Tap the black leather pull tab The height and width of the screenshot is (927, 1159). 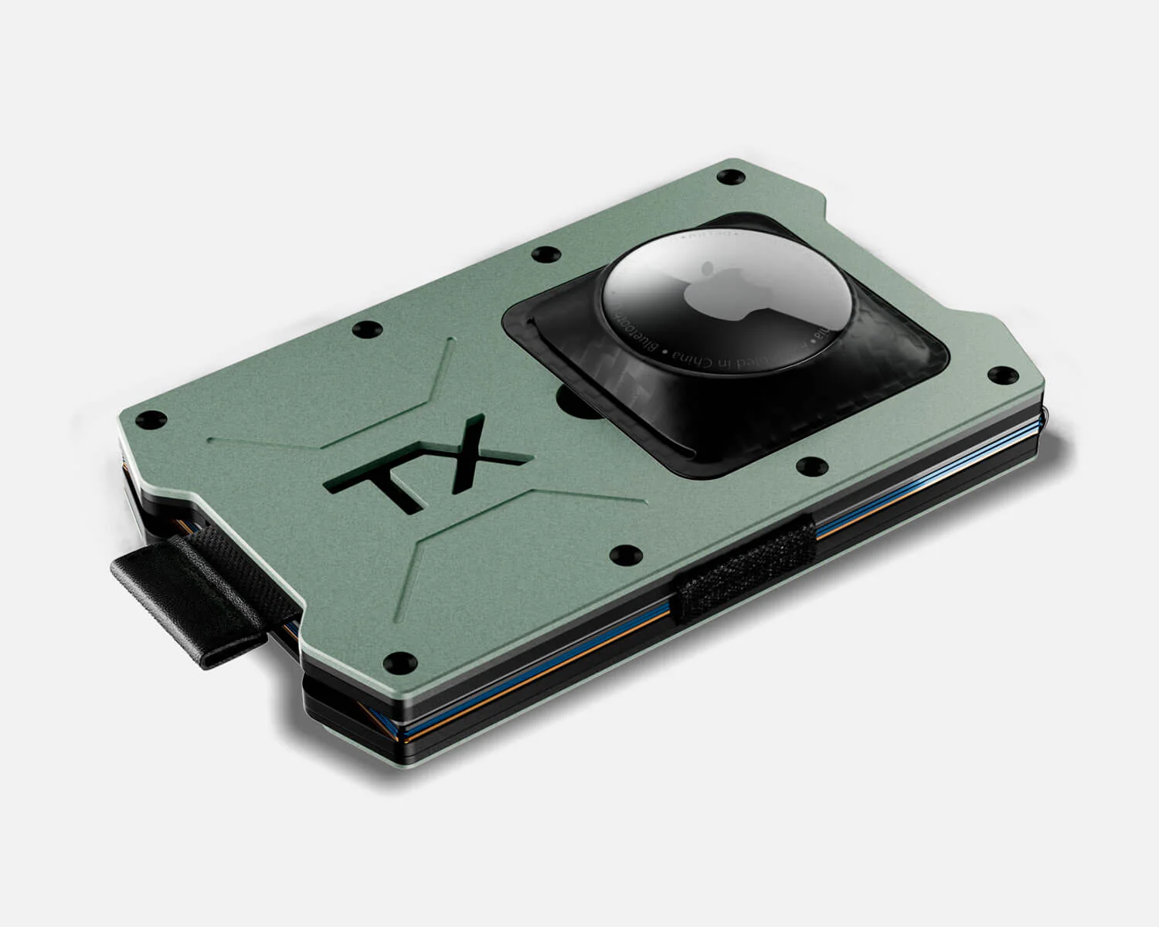(x=193, y=599)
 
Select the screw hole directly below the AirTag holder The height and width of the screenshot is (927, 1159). (x=810, y=465)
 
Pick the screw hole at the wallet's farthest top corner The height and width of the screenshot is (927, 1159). (x=726, y=178)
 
